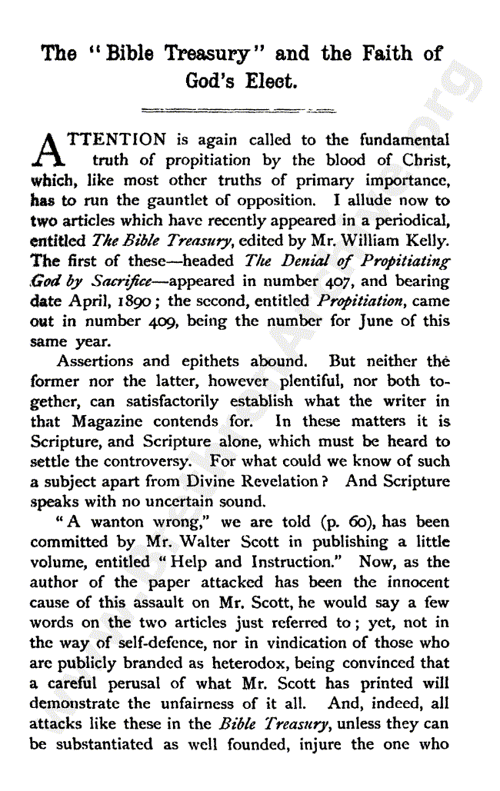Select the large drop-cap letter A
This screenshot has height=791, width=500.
[49, 151]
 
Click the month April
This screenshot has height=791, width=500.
[88, 301]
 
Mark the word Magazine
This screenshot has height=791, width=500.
[115, 420]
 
